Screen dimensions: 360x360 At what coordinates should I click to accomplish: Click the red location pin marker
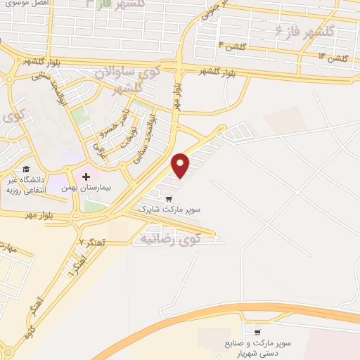[x=181, y=165]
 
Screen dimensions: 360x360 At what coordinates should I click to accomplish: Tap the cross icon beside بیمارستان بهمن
[x=86, y=176]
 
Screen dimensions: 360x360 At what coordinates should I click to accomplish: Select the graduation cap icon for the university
[x=26, y=169]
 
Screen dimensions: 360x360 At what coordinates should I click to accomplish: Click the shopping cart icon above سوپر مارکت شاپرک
[x=167, y=198]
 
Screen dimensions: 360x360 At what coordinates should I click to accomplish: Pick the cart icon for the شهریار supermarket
[x=257, y=333]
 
